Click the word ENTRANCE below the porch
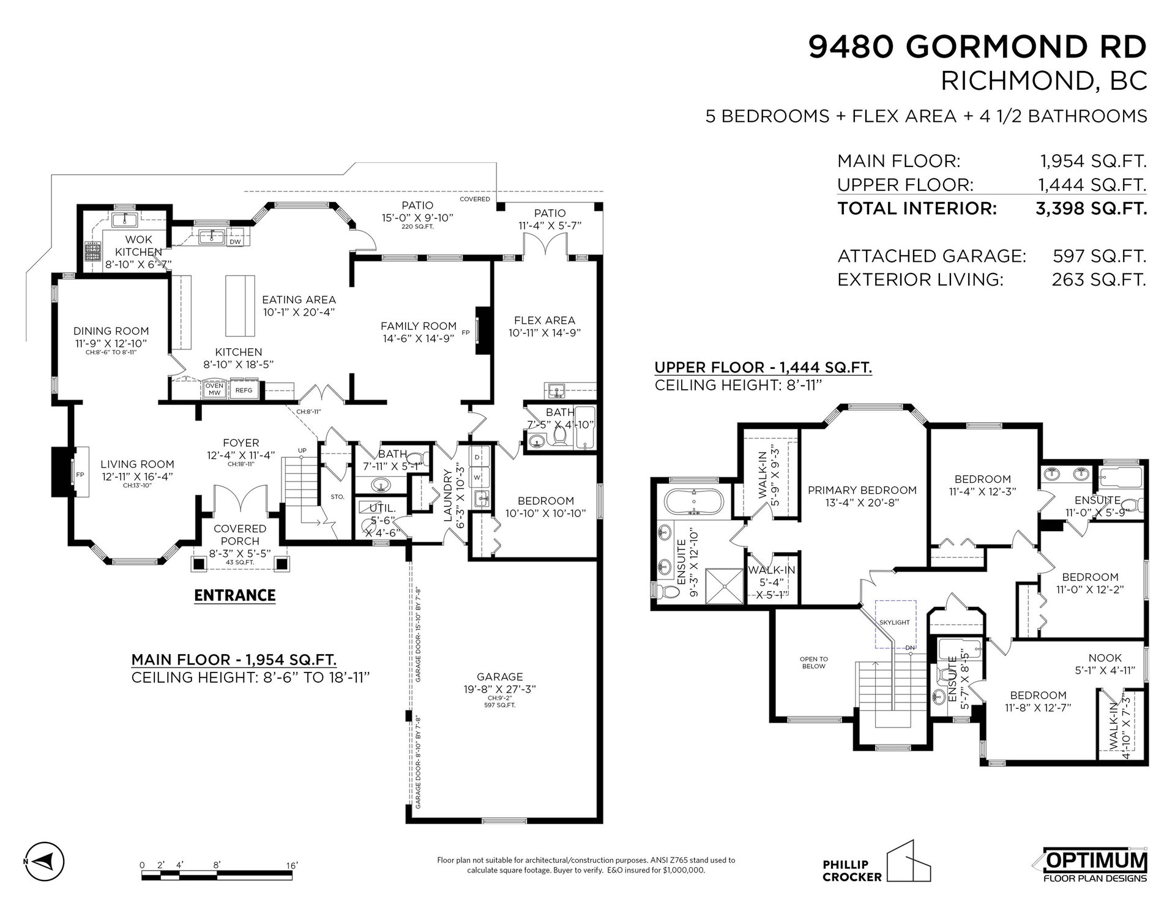tap(235, 595)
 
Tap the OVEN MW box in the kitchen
tap(214, 390)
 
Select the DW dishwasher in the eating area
tap(235, 242)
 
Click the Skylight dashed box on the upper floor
tap(895, 623)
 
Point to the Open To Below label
tap(813, 663)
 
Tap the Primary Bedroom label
tap(862, 490)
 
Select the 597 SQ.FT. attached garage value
tap(1099, 256)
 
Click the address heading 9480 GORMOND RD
tap(977, 47)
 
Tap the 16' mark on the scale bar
tap(292, 865)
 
